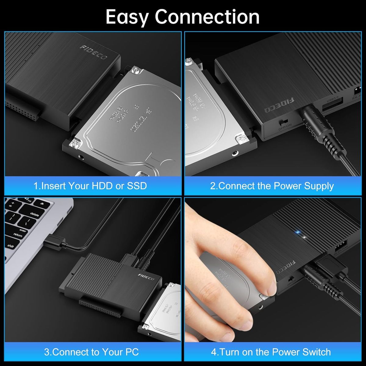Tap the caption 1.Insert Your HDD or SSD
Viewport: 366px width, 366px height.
90,186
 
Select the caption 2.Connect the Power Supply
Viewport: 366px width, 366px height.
272,186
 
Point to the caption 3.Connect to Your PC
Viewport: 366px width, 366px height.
91,352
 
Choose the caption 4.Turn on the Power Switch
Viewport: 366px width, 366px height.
271,352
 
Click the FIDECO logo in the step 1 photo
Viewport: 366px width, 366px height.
94,52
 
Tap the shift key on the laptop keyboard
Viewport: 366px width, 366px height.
10,246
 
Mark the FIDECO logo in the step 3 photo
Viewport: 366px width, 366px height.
146,278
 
